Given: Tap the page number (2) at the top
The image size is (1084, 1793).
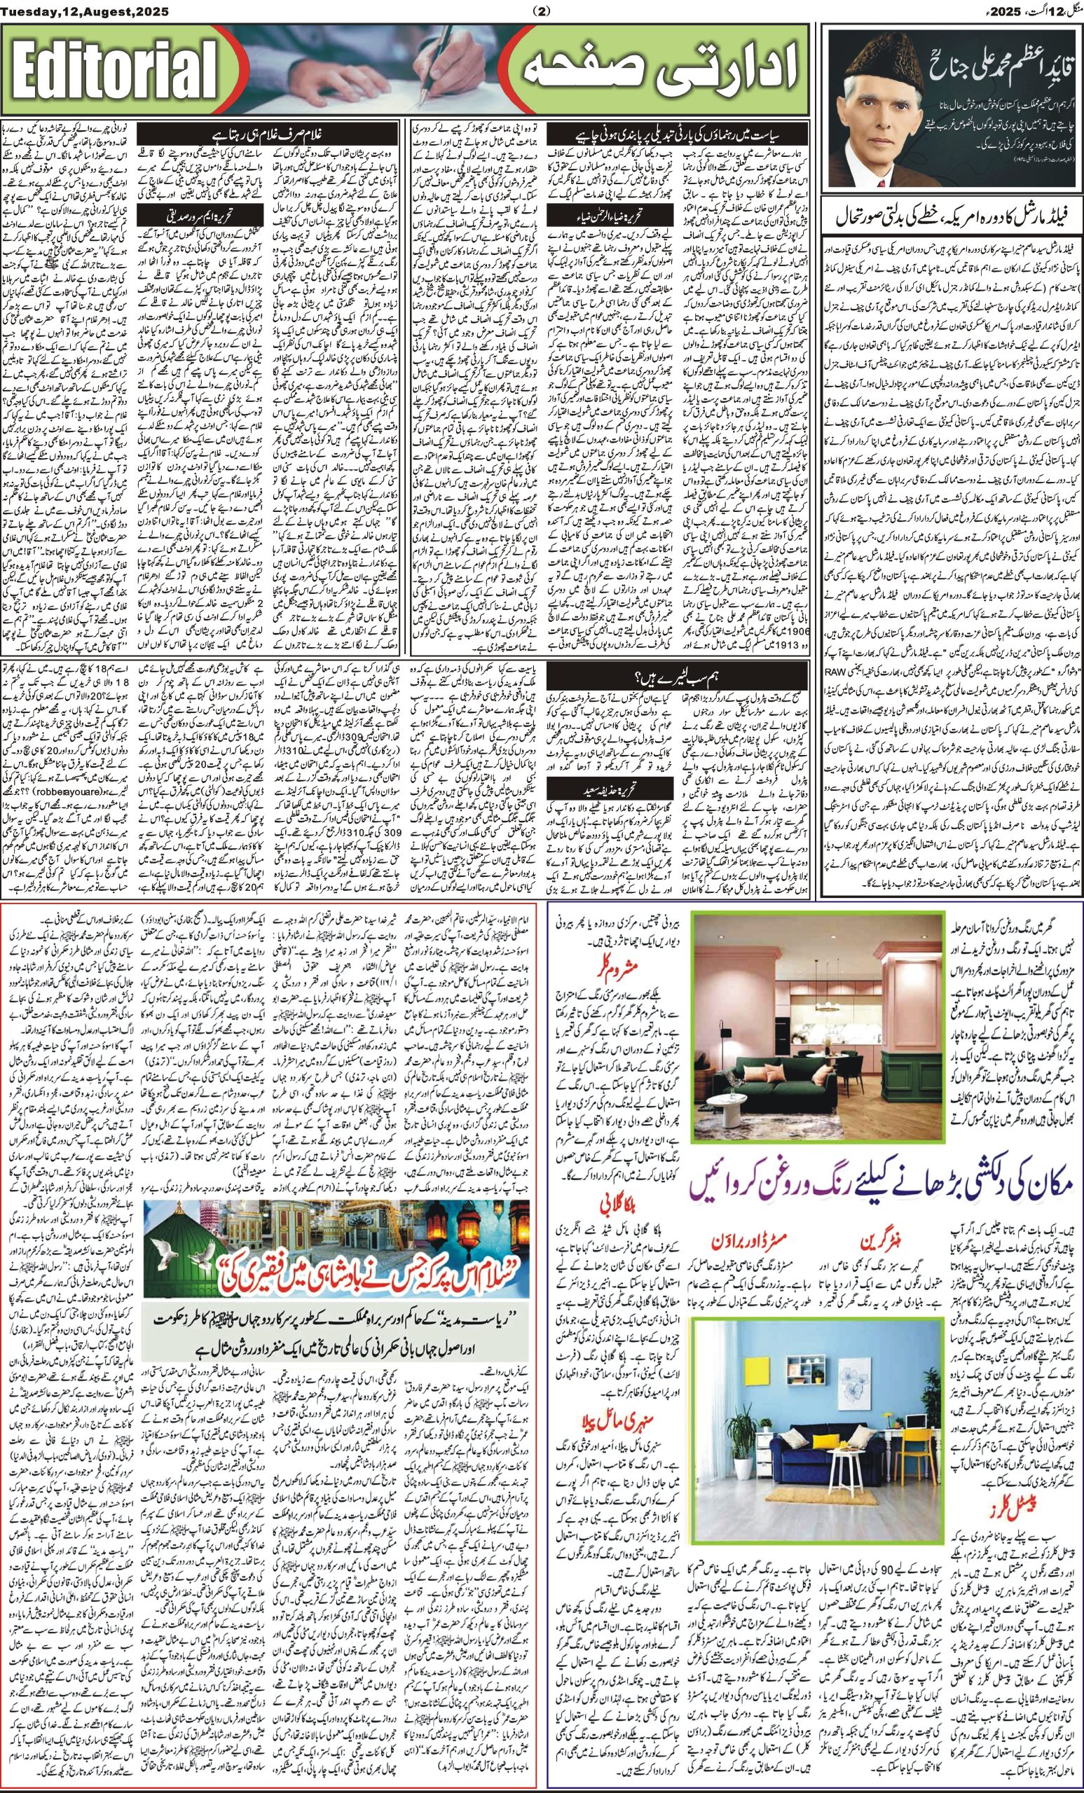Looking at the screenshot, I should tap(542, 11).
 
